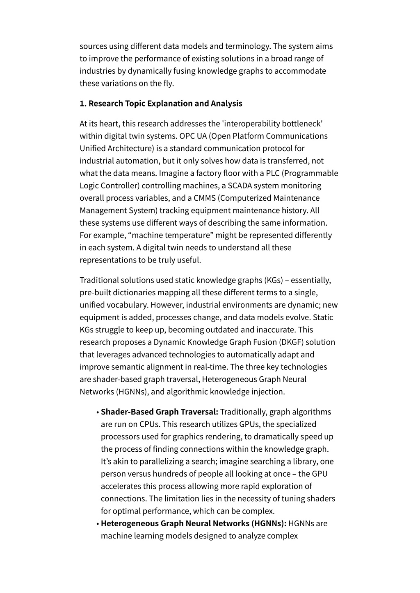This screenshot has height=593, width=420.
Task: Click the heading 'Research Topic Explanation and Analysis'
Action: [x=165, y=103]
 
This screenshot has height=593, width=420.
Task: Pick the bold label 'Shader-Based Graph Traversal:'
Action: [x=159, y=412]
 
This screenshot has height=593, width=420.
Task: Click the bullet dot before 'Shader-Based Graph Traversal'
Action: [x=98, y=412]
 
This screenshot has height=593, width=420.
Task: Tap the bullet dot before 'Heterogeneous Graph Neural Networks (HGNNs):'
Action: [x=98, y=524]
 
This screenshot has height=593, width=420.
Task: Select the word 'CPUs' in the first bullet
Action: [x=149, y=424]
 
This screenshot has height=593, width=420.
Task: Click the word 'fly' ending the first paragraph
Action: [x=168, y=83]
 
